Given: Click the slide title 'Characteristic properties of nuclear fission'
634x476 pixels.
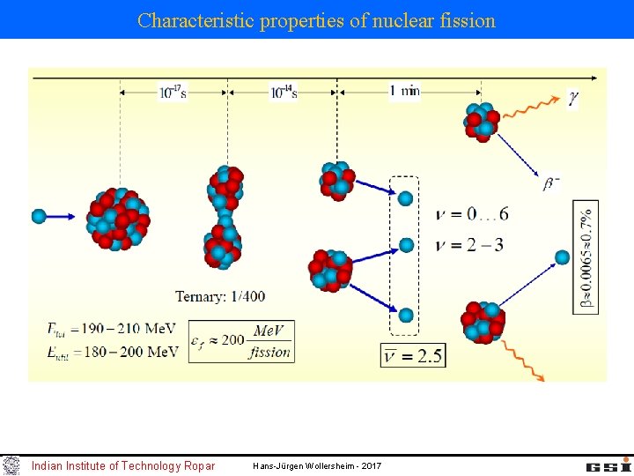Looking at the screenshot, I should point(316,20).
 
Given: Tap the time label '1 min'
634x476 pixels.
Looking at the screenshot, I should point(404,91).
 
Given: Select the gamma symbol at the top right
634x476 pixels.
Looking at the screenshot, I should point(573,99).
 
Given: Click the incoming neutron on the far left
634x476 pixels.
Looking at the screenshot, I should point(39,215).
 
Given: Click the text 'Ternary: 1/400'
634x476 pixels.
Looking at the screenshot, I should point(220,297).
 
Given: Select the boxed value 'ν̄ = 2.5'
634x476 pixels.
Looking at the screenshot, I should point(413,355).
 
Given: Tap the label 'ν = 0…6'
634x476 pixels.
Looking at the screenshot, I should point(472,214).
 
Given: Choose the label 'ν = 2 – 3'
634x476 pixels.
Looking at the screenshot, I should point(470,245).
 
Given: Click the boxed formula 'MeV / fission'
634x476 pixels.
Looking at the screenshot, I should point(269,341).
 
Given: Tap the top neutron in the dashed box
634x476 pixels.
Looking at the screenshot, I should point(405,198).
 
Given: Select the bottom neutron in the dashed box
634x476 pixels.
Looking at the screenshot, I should point(405,315).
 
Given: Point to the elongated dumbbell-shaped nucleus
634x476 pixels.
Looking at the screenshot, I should point(225,217).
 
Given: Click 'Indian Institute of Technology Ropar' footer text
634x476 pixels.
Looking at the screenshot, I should point(122,465).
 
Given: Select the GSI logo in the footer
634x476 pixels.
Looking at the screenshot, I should point(608,465).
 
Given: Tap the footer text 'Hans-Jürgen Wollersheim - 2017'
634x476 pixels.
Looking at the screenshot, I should point(317,465).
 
